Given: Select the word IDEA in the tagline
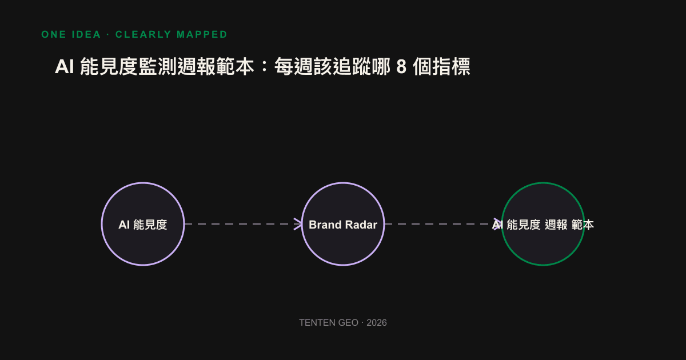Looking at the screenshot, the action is pos(86,34).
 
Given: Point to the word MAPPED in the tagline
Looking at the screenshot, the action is pos(202,34).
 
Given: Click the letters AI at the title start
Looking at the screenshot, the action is pos(64,66).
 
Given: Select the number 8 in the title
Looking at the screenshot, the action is pos(401,66).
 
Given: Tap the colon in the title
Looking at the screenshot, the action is pos(265,66).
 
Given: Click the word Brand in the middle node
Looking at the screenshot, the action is pos(325,225).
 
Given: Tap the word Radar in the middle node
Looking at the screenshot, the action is pos(361,225).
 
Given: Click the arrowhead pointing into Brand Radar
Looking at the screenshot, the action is pos(298,224).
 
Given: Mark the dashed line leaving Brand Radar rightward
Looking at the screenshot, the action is pos(443,224).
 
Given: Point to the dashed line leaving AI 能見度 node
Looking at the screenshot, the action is pos(243,224).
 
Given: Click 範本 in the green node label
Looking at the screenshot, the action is pos(583,225).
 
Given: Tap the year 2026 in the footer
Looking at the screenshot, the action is pos(377,323).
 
